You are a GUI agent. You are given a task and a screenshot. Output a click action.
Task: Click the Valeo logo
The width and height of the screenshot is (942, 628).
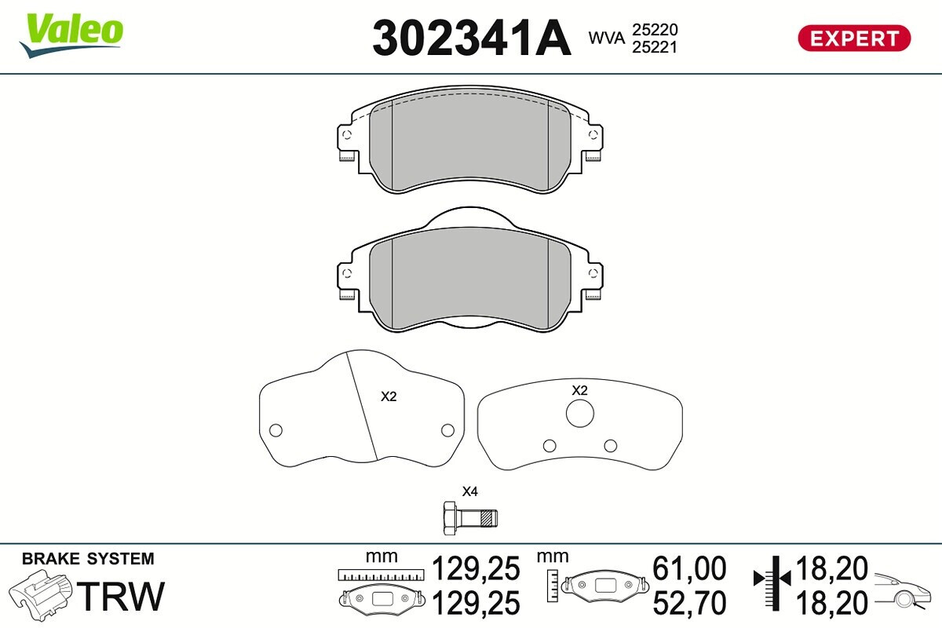pos(71,35)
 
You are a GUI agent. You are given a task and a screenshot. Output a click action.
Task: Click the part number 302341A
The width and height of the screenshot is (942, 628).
pos(472,38)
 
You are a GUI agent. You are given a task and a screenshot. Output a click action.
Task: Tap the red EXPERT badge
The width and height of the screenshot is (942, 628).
pos(854,38)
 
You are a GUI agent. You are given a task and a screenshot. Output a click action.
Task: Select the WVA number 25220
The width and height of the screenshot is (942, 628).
pos(655,30)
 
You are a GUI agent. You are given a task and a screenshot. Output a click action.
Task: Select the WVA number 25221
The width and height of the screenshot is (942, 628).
pos(655,48)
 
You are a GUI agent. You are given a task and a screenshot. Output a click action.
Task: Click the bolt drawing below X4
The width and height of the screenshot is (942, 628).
pos(470,518)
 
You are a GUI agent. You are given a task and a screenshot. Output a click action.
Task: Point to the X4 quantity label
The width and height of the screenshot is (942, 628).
pos(469,491)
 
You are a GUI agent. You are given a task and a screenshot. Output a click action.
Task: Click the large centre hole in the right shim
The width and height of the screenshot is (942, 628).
pos(580,414)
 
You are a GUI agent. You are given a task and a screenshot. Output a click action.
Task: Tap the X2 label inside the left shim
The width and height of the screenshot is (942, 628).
pos(389,396)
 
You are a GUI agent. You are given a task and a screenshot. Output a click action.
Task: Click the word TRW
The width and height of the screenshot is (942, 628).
pos(121,596)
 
